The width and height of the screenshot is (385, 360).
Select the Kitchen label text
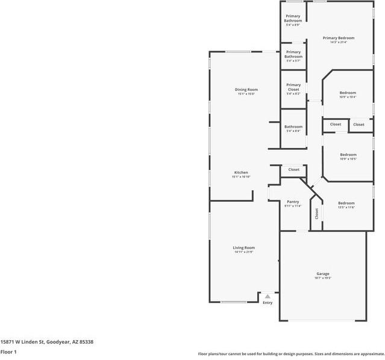point(240,173)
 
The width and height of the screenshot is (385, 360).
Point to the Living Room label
point(244,247)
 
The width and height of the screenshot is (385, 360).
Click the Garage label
point(323,273)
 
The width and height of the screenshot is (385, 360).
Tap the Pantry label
point(293,202)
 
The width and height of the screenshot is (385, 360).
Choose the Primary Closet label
point(293,87)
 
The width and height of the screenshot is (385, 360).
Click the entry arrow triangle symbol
point(268,296)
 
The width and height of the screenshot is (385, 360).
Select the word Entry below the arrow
point(268,302)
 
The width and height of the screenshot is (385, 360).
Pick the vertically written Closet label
point(316,213)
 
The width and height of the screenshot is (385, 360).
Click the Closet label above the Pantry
point(293,170)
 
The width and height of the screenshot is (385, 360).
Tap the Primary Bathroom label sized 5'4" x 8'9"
point(293,18)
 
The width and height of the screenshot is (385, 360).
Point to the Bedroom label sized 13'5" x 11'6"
point(346,203)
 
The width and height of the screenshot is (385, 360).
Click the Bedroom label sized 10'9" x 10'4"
point(348,93)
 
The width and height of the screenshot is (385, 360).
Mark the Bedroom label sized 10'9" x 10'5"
point(348,155)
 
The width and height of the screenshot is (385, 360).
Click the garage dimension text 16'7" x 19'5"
point(323,278)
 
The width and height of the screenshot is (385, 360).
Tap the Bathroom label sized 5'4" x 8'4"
point(293,126)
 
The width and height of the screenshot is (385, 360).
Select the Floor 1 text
point(8,352)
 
